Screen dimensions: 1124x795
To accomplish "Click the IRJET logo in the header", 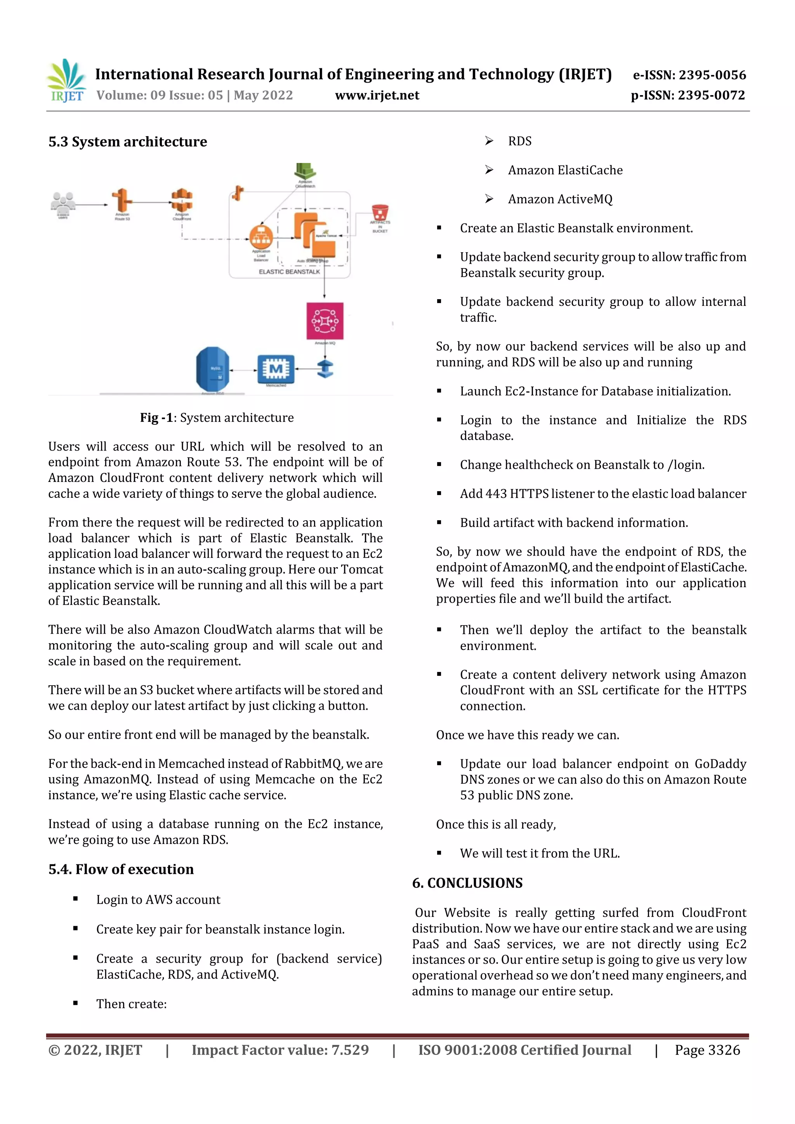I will pyautogui.click(x=66, y=80).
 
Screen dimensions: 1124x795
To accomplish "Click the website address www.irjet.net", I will pyautogui.click(x=377, y=95).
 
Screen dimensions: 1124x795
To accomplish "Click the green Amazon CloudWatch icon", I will pyautogui.click(x=305, y=171).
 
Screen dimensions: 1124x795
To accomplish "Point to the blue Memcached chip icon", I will pyautogui.click(x=276, y=369).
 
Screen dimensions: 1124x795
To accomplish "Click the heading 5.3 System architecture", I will pyautogui.click(x=127, y=142).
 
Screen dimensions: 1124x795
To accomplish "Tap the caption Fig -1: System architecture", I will pyautogui.click(x=217, y=417).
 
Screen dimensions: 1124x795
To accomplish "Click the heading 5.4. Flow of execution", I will pyautogui.click(x=121, y=869).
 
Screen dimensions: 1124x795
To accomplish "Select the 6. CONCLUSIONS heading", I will pyautogui.click(x=467, y=883).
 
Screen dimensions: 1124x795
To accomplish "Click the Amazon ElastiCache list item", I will pyautogui.click(x=565, y=170).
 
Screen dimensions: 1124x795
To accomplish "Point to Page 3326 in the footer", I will pyautogui.click(x=707, y=1050).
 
